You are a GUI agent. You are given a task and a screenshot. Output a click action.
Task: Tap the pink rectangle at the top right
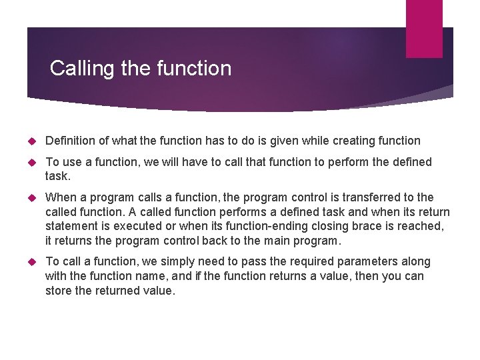(424, 28)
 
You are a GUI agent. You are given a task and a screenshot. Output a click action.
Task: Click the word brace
(361, 227)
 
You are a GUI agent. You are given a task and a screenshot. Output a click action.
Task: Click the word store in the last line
(59, 291)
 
